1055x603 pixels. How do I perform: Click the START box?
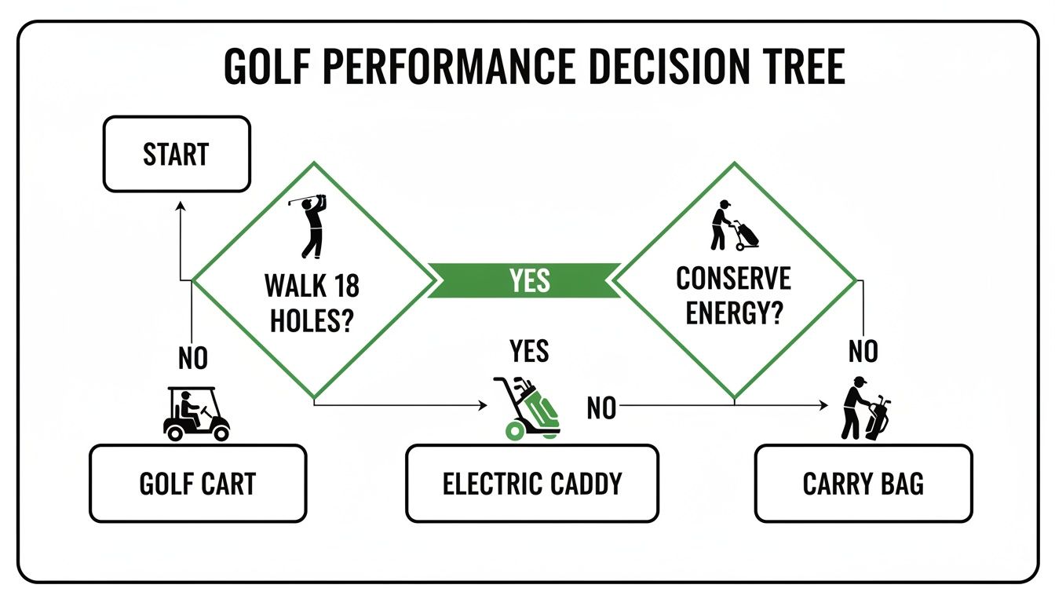pos(177,155)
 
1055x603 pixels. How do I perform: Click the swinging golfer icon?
pos(311,225)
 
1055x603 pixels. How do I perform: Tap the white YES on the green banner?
pos(529,281)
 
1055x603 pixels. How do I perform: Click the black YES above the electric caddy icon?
pos(529,352)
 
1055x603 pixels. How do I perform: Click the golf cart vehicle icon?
pos(196,414)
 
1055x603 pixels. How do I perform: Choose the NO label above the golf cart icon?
pos(193,359)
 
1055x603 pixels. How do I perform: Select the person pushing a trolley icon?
pos(732,225)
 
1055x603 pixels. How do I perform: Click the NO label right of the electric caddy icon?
pos(601,408)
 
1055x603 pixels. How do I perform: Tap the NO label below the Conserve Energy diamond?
pos(863,353)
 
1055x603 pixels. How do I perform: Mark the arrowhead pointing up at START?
pos(181,206)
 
